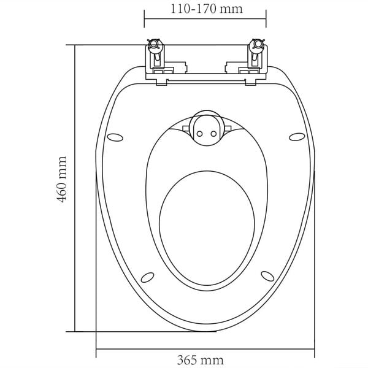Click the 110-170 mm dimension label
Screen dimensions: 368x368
[x=205, y=9]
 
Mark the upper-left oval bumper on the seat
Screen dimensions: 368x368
[x=114, y=136]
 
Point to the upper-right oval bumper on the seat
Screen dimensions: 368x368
[x=296, y=136]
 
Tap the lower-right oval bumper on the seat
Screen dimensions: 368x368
[x=266, y=275]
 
